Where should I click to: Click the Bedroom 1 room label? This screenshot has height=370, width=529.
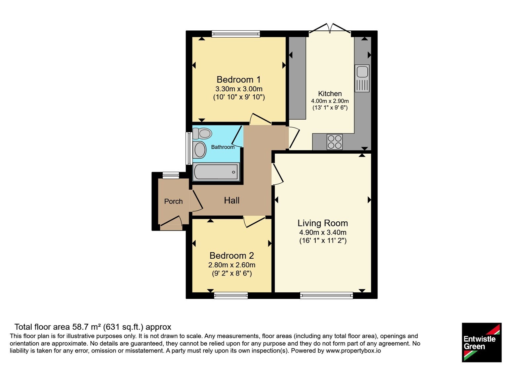click(238, 80)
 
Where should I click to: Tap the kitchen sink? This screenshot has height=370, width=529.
click(362, 78)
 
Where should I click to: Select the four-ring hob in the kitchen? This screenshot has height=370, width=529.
click(335, 142)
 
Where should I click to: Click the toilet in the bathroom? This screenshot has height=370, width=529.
click(202, 133)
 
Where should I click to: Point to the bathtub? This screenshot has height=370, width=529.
click(216, 172)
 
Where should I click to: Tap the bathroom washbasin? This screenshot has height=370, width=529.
click(200, 150)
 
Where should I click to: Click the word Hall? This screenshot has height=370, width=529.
click(232, 201)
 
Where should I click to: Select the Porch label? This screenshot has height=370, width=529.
click(173, 201)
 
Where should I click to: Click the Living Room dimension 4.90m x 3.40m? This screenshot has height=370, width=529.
click(323, 233)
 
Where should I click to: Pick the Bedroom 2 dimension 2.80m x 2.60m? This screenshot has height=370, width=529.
click(232, 265)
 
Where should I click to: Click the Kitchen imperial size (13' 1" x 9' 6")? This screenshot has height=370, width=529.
click(330, 108)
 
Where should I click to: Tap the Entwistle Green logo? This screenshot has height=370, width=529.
click(482, 342)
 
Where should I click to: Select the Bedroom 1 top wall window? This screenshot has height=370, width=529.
click(236, 34)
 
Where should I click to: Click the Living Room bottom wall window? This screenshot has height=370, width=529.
click(327, 295)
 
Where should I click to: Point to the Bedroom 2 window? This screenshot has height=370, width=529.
click(231, 295)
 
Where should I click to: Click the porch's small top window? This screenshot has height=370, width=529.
click(171, 175)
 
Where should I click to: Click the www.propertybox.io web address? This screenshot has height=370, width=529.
click(353, 351)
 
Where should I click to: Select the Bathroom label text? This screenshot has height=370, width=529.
click(223, 147)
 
